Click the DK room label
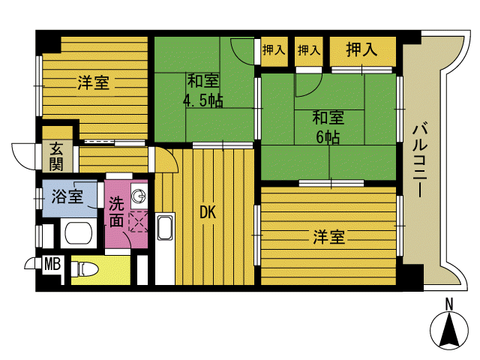click(x=208, y=212)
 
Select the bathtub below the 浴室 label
click(x=79, y=233)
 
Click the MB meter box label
click(x=52, y=264)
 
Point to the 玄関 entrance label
click(x=56, y=157)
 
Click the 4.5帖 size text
click(x=203, y=100)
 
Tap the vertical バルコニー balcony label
click(x=420, y=160)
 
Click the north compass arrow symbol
click(x=449, y=331)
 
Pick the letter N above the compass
click(x=449, y=304)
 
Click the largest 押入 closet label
click(x=361, y=49)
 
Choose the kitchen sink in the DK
click(x=165, y=228)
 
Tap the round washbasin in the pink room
click(x=139, y=196)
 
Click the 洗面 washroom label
click(x=116, y=211)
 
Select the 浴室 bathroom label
click(x=67, y=196)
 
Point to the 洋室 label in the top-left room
click(x=93, y=82)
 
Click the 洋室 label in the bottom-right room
click(x=328, y=237)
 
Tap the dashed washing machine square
click(x=138, y=222)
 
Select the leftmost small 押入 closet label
click(x=274, y=49)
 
